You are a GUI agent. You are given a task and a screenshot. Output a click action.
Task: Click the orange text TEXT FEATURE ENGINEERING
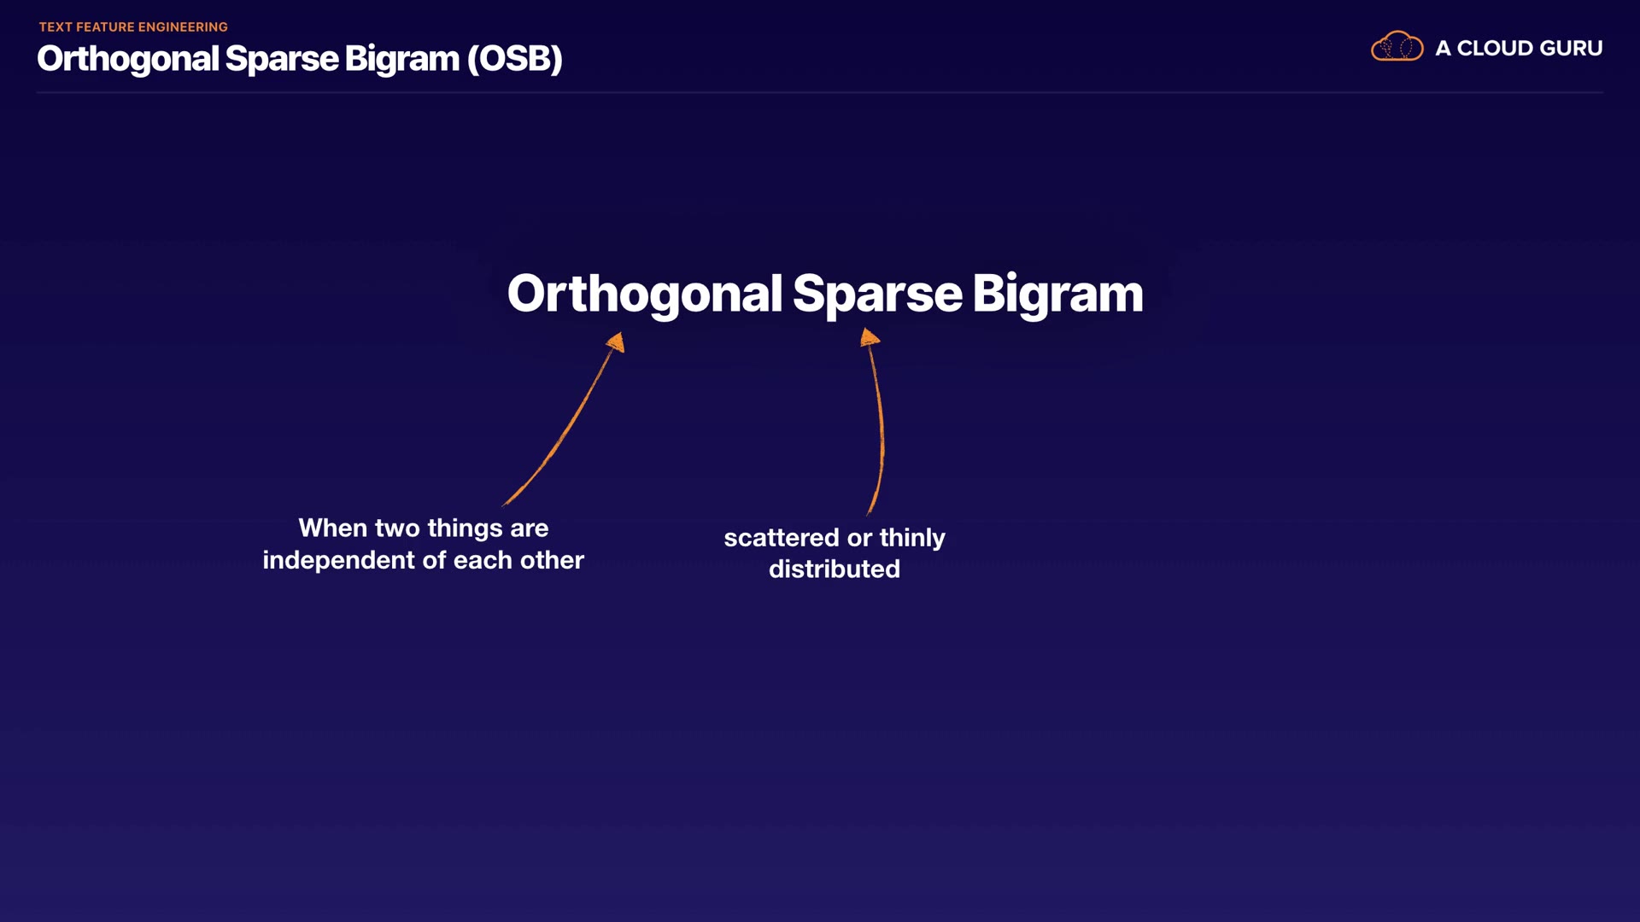pyautogui.click(x=133, y=27)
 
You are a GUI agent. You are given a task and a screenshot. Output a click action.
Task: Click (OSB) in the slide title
pyautogui.click(x=514, y=59)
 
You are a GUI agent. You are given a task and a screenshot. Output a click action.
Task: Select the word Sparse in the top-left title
pyautogui.click(x=282, y=60)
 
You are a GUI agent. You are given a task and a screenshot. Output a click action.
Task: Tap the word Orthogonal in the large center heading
pyautogui.click(x=645, y=295)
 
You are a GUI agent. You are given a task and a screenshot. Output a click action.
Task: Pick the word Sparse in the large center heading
pyautogui.click(x=877, y=295)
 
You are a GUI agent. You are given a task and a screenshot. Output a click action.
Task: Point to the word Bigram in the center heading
pyautogui.click(x=1057, y=295)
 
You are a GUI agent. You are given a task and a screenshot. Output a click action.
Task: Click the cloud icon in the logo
pyautogui.click(x=1397, y=46)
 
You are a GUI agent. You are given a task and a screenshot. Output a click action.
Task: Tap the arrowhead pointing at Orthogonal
pyautogui.click(x=617, y=342)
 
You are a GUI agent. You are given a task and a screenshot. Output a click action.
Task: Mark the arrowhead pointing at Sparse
pyautogui.click(x=870, y=337)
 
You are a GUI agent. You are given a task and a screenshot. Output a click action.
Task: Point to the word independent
pyautogui.click(x=339, y=560)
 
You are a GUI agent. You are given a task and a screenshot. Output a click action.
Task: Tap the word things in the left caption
pyautogui.click(x=465, y=529)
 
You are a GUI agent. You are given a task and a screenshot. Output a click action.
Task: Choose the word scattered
pyautogui.click(x=782, y=538)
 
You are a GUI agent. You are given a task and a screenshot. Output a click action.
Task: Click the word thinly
pyautogui.click(x=912, y=539)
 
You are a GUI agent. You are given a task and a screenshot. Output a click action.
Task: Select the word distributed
pyautogui.click(x=835, y=569)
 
